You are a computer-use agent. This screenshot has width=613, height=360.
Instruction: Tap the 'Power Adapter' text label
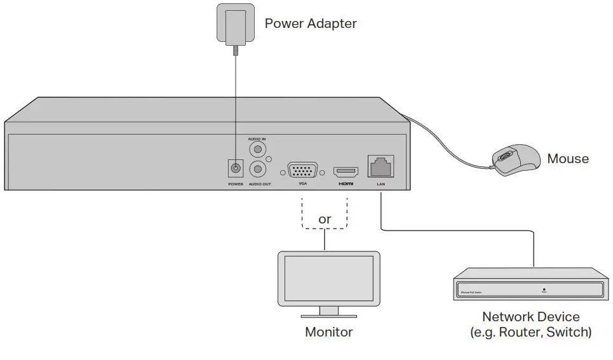pos(310,24)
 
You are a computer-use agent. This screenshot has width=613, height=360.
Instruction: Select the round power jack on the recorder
pos(236,169)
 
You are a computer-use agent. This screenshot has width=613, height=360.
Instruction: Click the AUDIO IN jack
pos(257,150)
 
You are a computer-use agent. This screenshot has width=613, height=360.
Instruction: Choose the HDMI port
pos(346,171)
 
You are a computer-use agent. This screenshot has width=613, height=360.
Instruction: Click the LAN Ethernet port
pos(381,166)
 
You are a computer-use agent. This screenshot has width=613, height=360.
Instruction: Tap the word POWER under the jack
pos(236,184)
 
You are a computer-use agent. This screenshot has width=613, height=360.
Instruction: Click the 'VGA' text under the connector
pos(302,184)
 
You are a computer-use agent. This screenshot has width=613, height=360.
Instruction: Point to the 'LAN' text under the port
pos(381,184)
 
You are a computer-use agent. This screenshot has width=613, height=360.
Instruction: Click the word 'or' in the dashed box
pos(325,219)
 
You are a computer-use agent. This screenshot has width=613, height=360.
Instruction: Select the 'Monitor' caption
pos(328,331)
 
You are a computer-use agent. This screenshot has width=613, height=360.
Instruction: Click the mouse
pos(515,158)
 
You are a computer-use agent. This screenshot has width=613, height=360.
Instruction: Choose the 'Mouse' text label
pos(568,159)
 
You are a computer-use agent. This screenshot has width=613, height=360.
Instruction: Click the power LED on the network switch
pos(544,289)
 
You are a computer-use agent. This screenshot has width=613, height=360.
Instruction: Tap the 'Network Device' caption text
pos(530,316)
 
